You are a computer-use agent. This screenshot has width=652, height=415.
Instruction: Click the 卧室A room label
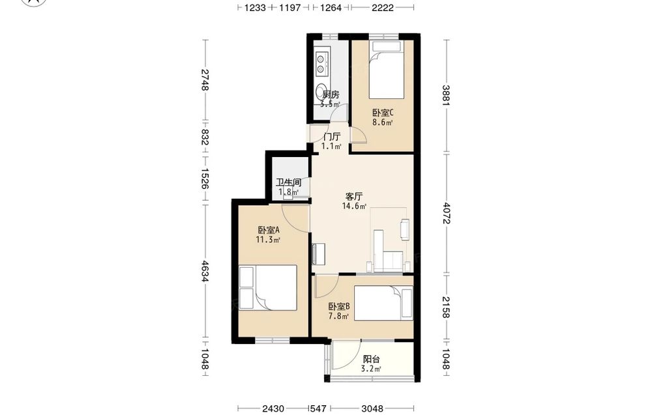point(268,230)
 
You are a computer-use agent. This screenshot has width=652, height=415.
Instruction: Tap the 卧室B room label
point(339,307)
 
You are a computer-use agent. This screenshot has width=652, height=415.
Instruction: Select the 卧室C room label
point(383,113)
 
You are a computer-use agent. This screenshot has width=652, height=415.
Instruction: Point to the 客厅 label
point(354,196)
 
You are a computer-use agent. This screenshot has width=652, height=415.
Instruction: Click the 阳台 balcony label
point(371,359)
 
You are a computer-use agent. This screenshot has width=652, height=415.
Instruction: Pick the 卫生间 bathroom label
point(289,182)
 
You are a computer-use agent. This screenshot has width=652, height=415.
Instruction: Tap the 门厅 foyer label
point(332,137)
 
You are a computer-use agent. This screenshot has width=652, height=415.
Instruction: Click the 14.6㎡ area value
point(354,206)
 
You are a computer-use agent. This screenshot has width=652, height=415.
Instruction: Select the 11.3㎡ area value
point(268,240)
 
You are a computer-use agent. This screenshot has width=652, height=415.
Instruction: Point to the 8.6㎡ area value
point(383,122)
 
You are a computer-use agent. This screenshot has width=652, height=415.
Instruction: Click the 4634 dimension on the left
point(205,271)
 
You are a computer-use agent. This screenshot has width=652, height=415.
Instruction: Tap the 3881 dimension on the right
point(446,96)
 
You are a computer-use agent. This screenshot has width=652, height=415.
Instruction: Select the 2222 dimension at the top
point(383,7)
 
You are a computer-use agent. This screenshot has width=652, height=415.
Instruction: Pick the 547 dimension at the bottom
point(319,408)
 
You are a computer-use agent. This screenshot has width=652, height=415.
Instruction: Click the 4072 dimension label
point(446,213)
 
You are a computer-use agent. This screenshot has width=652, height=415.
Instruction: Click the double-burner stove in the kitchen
point(322,63)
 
